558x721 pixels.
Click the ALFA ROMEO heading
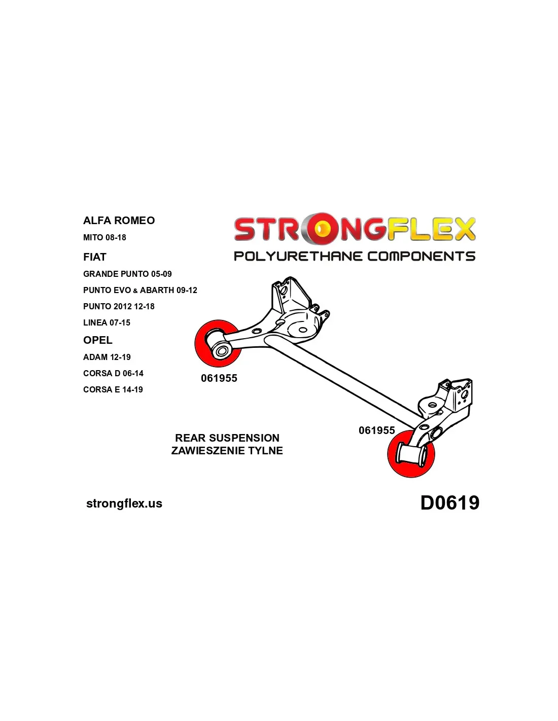point(119,221)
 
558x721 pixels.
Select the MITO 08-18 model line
point(104,238)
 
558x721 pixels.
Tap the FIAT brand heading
point(94,257)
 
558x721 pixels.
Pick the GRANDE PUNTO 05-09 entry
point(127,274)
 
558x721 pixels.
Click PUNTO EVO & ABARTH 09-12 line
point(140,291)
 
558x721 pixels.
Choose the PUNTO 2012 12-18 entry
point(119,307)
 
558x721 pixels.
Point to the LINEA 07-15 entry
point(107,323)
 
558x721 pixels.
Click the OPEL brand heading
point(97,340)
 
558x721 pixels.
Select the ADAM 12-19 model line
point(107,357)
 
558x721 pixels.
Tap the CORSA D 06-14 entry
point(113,374)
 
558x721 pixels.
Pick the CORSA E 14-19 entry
point(113,390)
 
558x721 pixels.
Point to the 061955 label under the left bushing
point(219,378)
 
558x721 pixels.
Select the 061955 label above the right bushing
point(377,430)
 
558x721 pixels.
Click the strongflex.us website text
point(124,503)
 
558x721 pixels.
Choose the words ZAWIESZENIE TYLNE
point(227,451)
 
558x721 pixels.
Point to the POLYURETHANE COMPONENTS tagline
point(355,256)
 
